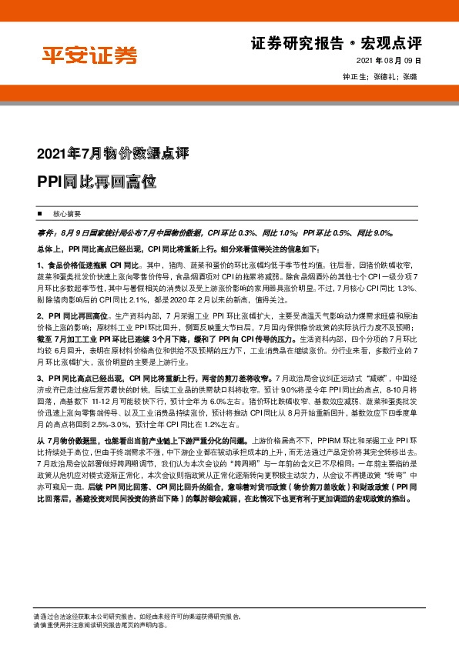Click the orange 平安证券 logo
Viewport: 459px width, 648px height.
(x=89, y=55)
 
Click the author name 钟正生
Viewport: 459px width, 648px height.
(x=355, y=77)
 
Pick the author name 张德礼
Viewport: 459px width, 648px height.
(x=385, y=77)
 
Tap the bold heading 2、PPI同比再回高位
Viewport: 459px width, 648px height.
(x=74, y=316)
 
